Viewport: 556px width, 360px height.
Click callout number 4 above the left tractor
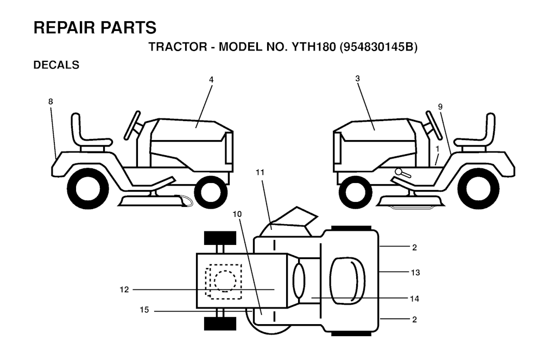coord(211,80)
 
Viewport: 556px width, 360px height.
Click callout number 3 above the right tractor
coord(357,78)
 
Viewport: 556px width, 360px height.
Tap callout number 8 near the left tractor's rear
coord(50,102)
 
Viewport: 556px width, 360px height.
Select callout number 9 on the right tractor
coord(440,107)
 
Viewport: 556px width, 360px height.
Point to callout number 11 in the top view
coord(260,172)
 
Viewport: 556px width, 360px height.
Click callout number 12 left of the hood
coord(124,290)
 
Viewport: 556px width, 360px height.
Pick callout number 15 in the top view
coord(144,310)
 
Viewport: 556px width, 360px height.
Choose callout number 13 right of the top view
coord(415,273)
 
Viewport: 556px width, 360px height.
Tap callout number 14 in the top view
coord(414,299)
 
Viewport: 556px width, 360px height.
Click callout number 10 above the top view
coord(237,214)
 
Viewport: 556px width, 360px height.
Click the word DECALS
coord(56,65)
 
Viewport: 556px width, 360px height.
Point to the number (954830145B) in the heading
coord(378,47)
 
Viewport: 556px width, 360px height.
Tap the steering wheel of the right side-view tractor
coord(433,125)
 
